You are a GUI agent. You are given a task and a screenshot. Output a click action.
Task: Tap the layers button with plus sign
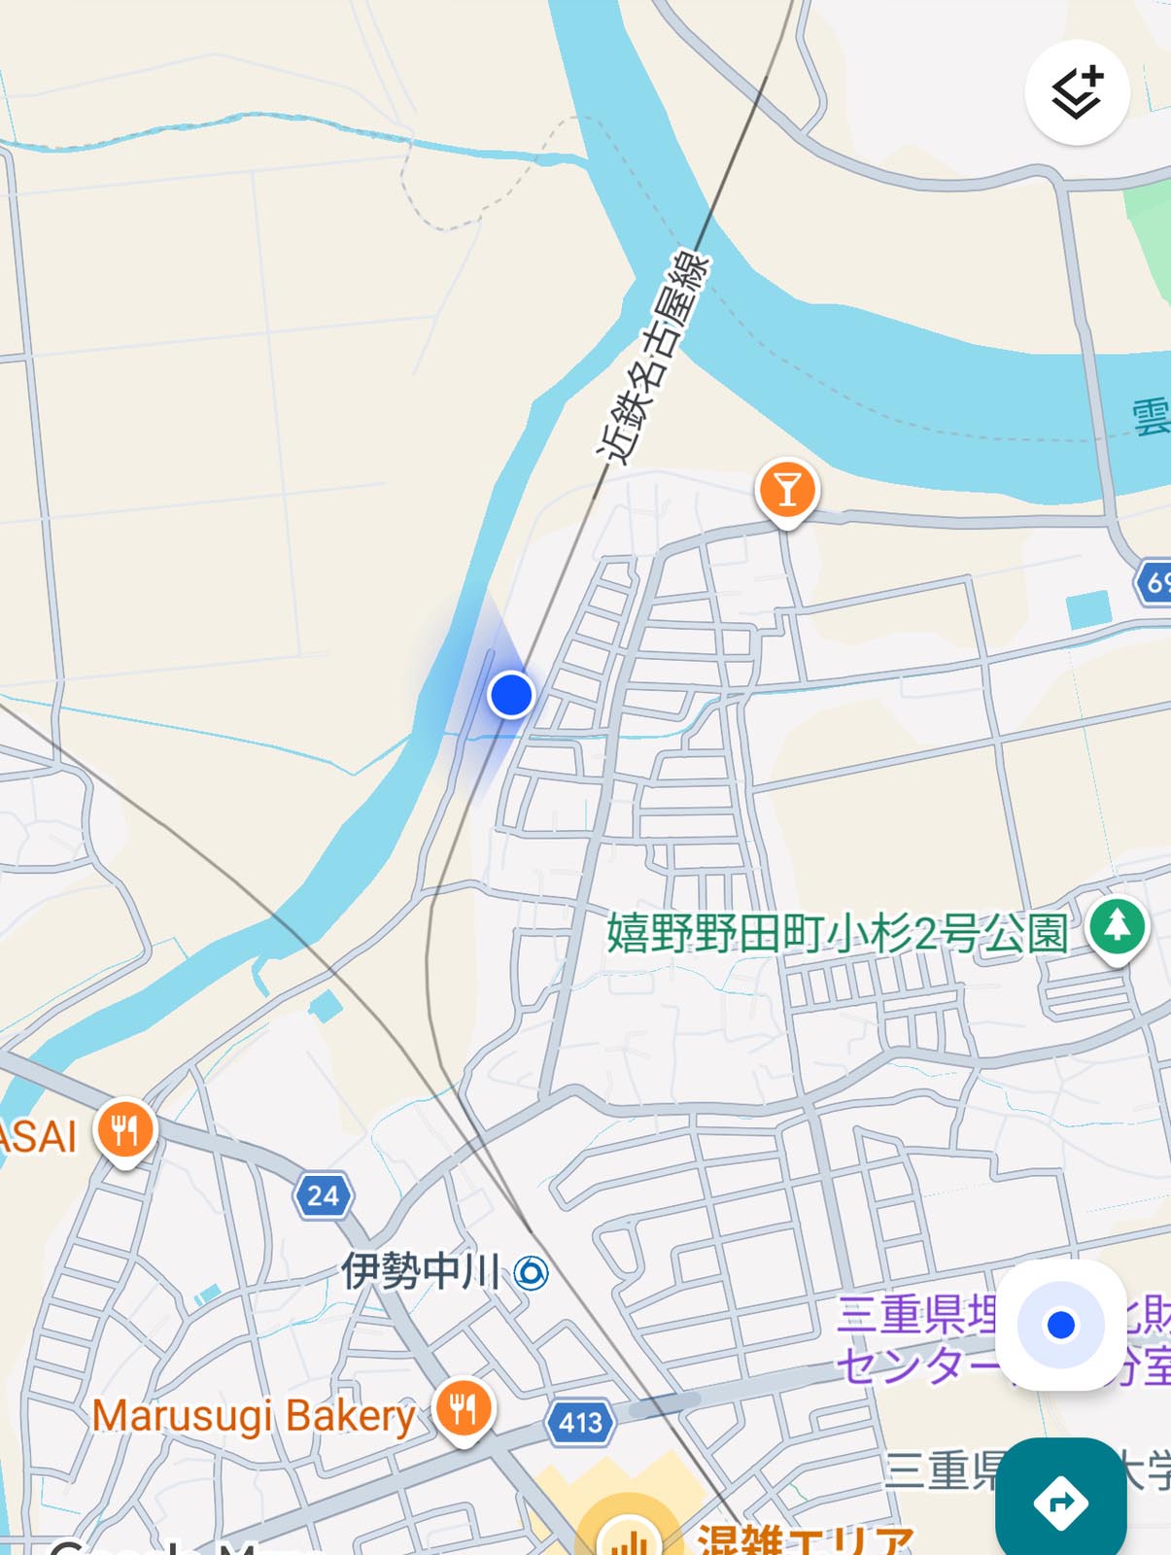point(1077,93)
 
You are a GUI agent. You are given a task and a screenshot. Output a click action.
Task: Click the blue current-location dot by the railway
point(510,695)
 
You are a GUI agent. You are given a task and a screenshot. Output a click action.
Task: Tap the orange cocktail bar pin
point(787,489)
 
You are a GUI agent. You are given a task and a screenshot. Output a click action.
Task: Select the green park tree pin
point(1117,926)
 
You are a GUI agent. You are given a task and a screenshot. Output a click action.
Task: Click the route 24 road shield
point(324,1194)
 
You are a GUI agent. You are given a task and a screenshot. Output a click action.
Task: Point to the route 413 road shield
point(580,1422)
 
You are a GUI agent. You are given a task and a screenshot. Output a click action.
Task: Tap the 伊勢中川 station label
point(420,1270)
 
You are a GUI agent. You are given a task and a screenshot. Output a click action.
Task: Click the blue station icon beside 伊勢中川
point(532,1272)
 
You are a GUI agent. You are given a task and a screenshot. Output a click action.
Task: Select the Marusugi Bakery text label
point(254,1415)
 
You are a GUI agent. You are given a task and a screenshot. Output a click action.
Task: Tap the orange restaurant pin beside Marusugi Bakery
point(464,1408)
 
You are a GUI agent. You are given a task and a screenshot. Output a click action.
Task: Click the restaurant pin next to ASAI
point(124,1130)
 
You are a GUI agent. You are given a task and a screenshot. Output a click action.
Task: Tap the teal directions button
point(1060,1502)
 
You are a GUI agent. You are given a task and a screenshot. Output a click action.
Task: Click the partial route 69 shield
point(1154,582)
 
